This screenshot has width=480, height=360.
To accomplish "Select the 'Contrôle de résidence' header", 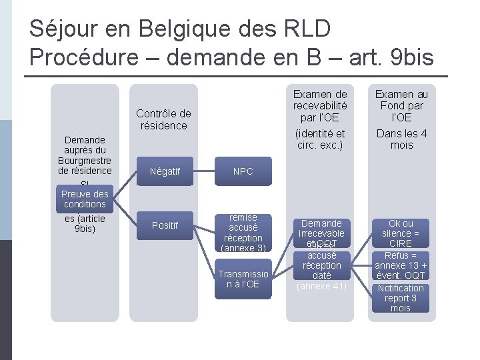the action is click(x=163, y=119).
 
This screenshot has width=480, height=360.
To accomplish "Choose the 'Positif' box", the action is click(x=164, y=225).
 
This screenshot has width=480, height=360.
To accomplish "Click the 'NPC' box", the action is click(x=243, y=171).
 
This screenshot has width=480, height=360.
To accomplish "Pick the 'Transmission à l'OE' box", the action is click(x=243, y=279).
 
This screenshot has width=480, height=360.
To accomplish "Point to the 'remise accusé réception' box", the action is click(x=243, y=227).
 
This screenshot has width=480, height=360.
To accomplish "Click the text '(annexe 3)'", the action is click(x=243, y=249).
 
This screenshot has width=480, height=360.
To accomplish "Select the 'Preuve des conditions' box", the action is click(x=85, y=199).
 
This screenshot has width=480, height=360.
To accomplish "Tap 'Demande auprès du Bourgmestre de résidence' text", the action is click(x=85, y=155).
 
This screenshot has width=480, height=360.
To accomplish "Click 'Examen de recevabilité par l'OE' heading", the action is click(x=321, y=105).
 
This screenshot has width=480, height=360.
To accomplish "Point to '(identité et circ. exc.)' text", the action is click(x=321, y=139).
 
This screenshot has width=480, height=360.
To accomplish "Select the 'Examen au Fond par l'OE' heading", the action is click(x=401, y=105).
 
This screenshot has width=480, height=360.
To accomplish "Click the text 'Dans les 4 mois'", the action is click(x=401, y=139).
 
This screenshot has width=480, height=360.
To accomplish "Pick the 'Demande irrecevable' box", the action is click(x=321, y=229).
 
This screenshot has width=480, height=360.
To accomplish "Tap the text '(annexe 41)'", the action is click(x=321, y=287).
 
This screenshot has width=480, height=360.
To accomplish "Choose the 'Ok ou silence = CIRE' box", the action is click(x=401, y=233).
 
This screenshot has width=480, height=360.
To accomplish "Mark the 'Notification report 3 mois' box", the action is click(x=401, y=298).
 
